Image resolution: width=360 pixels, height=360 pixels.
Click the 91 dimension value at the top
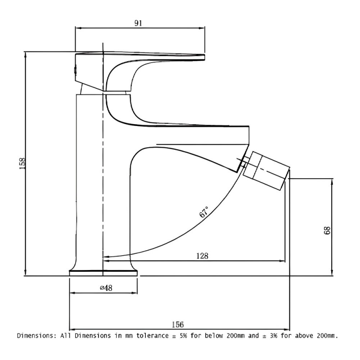click(x=138, y=23)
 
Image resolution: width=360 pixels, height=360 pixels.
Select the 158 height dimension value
click(x=22, y=163)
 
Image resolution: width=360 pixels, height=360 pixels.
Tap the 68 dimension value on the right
click(x=327, y=230)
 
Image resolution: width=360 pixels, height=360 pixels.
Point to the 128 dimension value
click(x=202, y=256)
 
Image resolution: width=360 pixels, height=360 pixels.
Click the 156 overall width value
click(x=178, y=324)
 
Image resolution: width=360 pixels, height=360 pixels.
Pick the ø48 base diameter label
click(x=106, y=288)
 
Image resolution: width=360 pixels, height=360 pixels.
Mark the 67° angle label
click(x=204, y=211)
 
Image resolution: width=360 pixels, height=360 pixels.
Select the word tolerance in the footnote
click(x=153, y=336)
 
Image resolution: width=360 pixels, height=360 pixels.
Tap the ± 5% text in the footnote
click(x=180, y=336)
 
